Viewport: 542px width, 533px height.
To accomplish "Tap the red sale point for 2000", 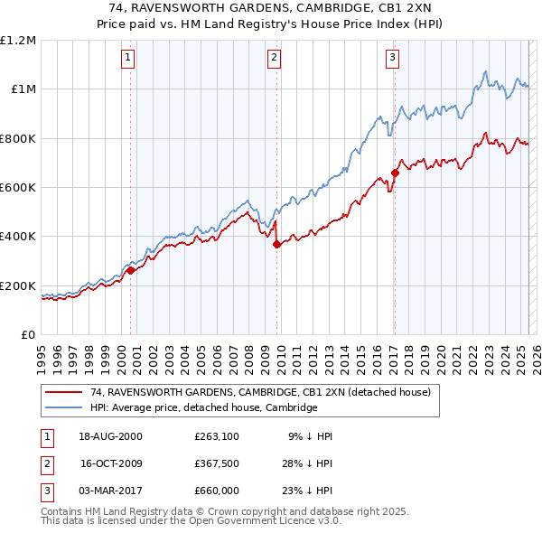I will [x=131, y=269].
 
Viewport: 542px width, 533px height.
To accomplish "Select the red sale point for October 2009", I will [x=277, y=244].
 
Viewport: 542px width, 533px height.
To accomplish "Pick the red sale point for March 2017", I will [x=395, y=173].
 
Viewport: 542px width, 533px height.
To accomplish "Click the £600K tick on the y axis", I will [x=18, y=188].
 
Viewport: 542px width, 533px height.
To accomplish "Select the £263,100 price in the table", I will [x=215, y=436].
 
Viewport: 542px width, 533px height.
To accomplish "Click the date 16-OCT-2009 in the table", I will [x=111, y=463].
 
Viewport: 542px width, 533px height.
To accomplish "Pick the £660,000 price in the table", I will [x=216, y=491].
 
